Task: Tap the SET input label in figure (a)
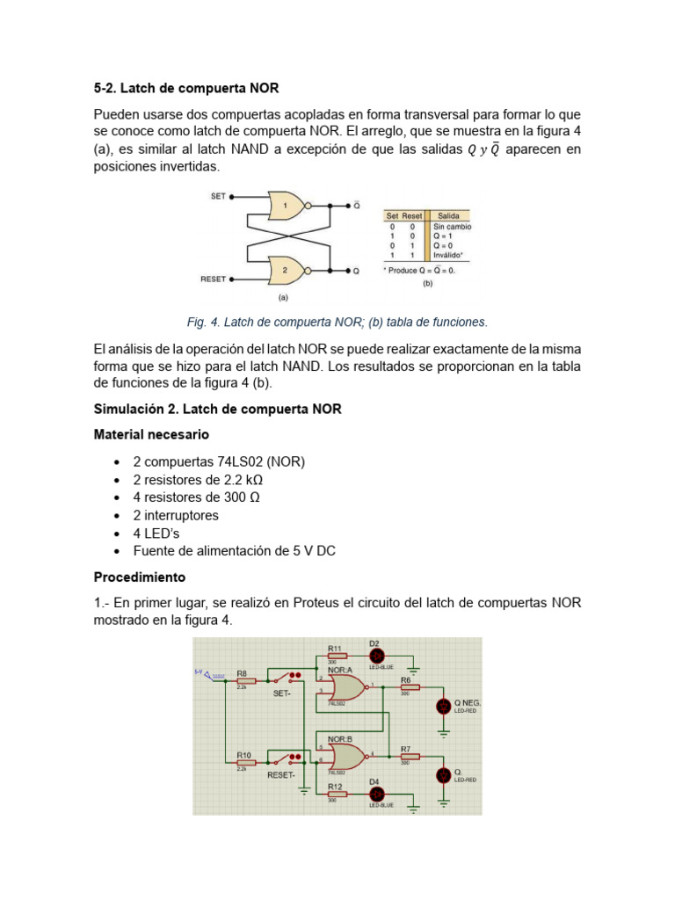coord(218,196)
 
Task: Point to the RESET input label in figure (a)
coord(214,279)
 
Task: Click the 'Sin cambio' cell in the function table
coord(452,227)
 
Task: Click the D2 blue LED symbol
coord(374,656)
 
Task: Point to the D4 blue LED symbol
coord(374,795)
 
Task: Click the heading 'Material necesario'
coord(151,434)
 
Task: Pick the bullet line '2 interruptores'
coord(176,515)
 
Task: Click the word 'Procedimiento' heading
coord(140,577)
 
